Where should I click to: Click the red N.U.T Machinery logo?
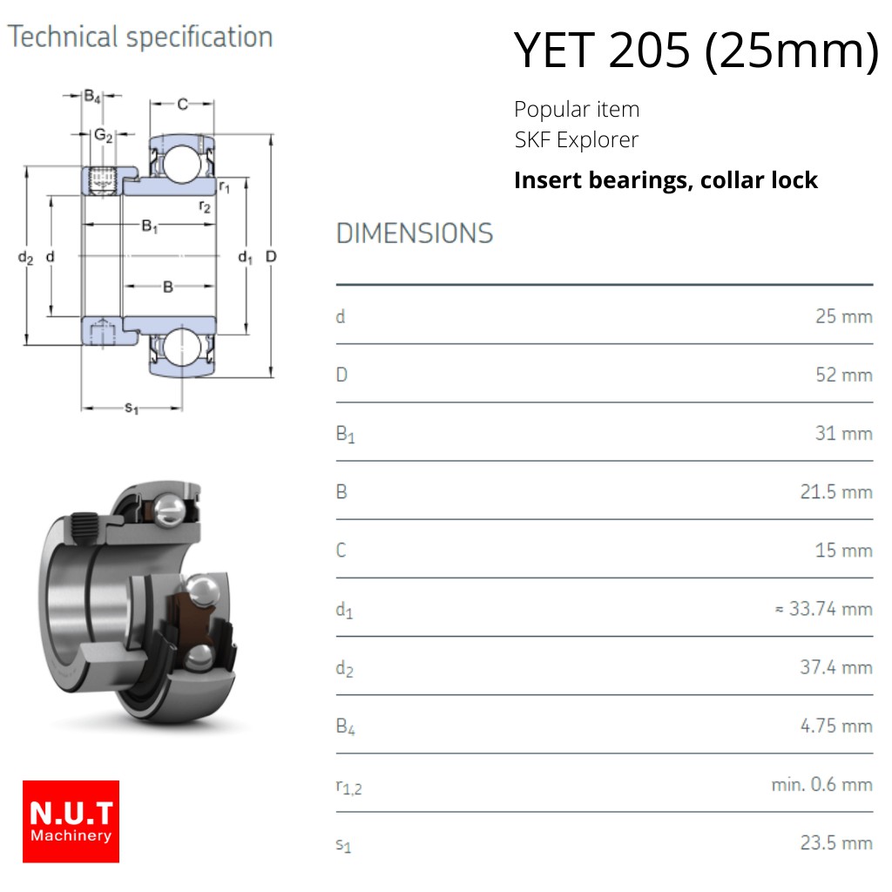coord(71,821)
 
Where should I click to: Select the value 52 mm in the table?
coord(843,375)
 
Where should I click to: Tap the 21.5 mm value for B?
coord(836,491)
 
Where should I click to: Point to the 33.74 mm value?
coord(824,609)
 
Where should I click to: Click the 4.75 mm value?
coord(836,726)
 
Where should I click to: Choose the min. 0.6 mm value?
coord(822,785)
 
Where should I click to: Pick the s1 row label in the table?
coord(343,845)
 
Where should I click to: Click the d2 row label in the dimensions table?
coord(345,668)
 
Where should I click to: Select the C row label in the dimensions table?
coord(341,551)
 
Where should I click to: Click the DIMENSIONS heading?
coord(415,233)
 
